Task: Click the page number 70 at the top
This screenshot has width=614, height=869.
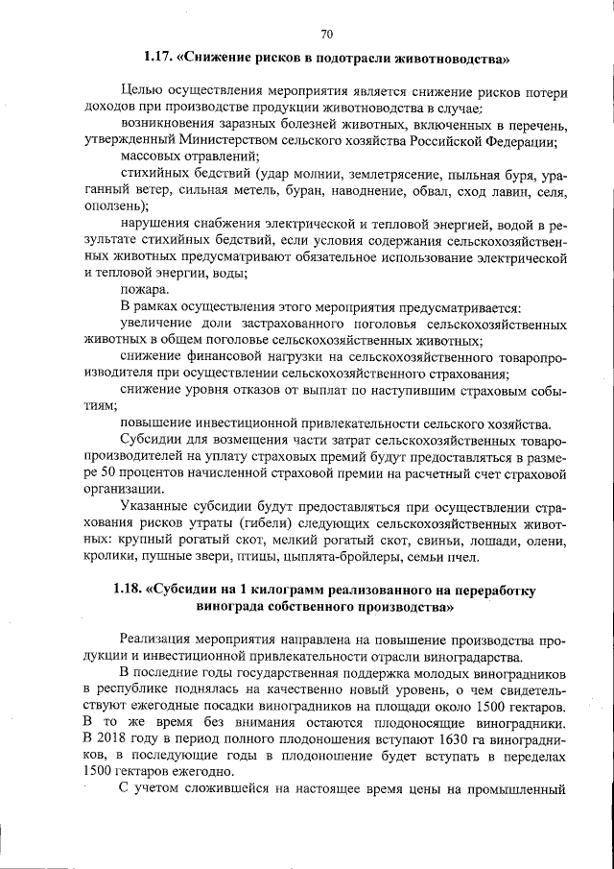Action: coord(326,36)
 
